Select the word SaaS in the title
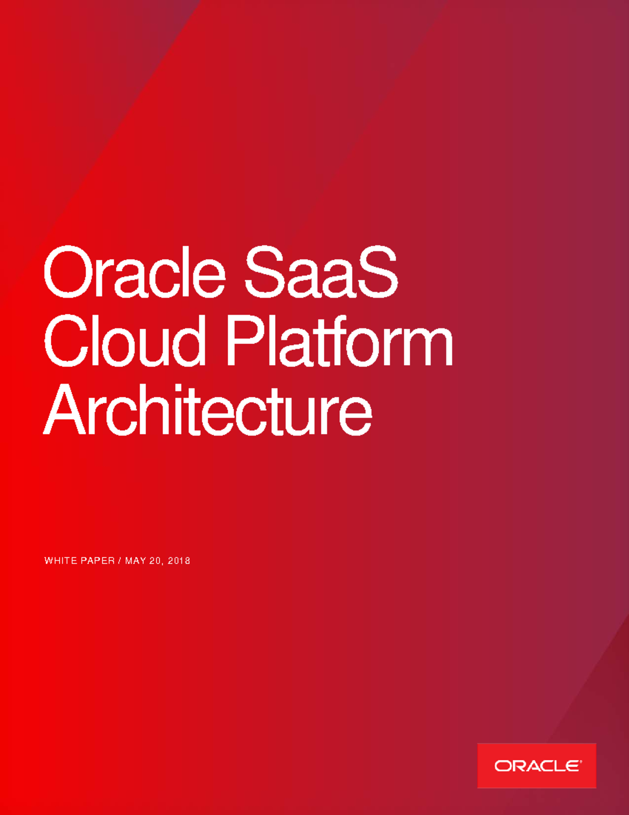click(321, 273)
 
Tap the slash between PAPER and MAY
click(120, 560)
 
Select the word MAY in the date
click(135, 560)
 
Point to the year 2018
click(179, 560)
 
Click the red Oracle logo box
click(536, 765)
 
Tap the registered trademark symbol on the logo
click(580, 760)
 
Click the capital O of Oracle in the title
click(67, 273)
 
